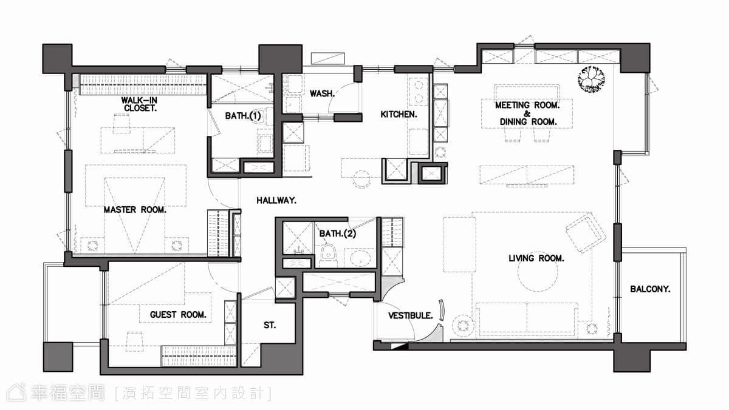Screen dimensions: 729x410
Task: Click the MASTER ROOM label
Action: point(135,210)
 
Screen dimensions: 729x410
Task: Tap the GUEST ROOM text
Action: point(178,315)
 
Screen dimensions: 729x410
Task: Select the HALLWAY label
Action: point(276,201)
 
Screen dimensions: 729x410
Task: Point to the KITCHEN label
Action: point(399,115)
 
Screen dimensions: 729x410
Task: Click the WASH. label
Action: point(322,93)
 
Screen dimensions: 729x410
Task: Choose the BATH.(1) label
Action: point(243,116)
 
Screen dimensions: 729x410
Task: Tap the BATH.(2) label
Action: point(338,234)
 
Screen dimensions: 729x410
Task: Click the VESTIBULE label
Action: point(411,315)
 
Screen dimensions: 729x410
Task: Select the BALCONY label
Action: point(650,289)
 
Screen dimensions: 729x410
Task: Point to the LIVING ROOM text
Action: point(536,258)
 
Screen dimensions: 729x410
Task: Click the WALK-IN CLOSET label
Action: point(139,104)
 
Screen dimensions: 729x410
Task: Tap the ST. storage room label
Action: point(270,325)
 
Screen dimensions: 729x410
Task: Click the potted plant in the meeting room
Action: point(591,79)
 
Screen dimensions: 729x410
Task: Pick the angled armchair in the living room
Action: point(586,232)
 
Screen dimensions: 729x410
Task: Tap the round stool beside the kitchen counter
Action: point(361,179)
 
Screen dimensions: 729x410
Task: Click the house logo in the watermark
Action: point(16,393)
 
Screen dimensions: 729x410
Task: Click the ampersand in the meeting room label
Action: point(527,113)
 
